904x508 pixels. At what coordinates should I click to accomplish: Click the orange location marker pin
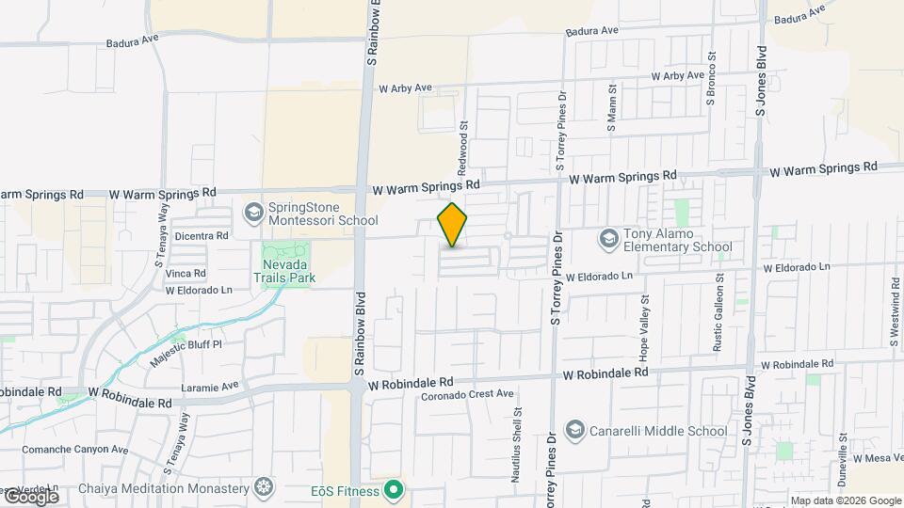(453, 225)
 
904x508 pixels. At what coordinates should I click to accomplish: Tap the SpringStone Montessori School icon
(252, 213)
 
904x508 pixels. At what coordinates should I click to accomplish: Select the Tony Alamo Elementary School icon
(608, 239)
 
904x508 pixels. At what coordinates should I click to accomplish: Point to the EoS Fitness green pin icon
(394, 491)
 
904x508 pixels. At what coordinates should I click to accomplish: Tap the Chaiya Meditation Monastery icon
(265, 487)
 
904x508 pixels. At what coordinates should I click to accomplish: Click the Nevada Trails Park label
(283, 270)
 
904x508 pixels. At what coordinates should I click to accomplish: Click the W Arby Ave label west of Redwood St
(405, 88)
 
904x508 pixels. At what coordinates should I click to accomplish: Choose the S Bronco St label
(712, 82)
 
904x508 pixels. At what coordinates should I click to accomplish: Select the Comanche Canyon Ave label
(74, 450)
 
